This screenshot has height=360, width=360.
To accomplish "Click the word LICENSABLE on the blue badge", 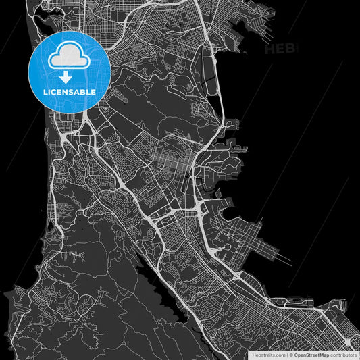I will [x=70, y=91].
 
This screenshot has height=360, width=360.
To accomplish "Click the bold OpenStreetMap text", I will [x=315, y=354].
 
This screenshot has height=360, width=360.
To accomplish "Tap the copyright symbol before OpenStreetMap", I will [x=291, y=354].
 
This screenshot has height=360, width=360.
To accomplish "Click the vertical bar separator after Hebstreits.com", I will [x=286, y=354].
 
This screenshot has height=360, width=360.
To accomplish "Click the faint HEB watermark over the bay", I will [x=278, y=49].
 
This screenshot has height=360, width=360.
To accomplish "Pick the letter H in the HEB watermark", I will [x=270, y=49].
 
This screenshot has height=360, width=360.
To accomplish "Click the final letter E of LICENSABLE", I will [x=93, y=91].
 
